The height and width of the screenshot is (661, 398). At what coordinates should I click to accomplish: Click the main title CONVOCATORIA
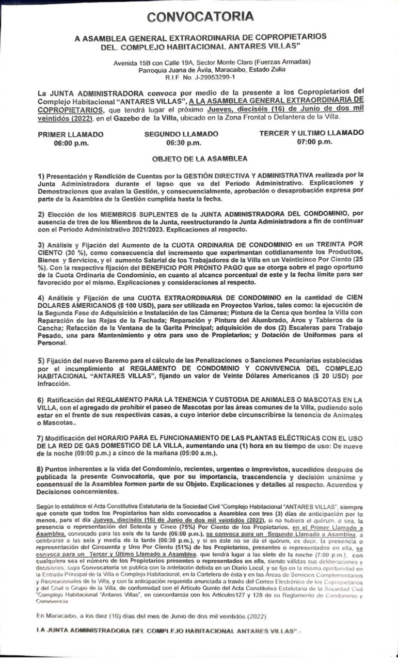(x=200, y=17)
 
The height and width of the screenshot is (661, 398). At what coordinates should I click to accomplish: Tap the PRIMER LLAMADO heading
(x=71, y=134)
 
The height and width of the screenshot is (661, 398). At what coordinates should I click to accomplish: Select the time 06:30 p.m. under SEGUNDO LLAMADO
(x=181, y=142)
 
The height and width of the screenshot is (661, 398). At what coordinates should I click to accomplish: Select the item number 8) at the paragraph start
(x=41, y=468)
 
